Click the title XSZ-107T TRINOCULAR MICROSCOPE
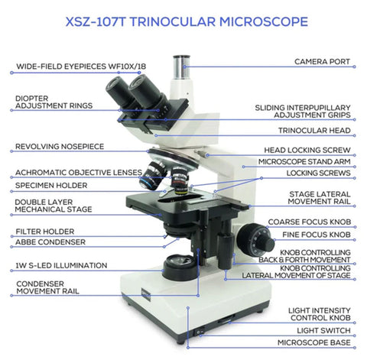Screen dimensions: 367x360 tap(187, 21)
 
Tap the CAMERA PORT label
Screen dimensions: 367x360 tap(322, 62)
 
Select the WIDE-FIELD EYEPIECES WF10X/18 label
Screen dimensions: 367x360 tap(81, 66)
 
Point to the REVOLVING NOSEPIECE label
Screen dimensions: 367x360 tap(60, 147)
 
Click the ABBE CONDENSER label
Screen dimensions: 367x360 tap(50, 242)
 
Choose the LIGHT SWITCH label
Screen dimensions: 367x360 tap(323, 330)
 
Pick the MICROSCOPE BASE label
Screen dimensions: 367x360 tap(314, 342)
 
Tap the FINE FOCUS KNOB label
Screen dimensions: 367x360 tap(317, 235)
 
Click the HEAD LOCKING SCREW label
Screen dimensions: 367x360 tap(307, 150)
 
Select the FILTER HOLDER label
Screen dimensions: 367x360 tap(45, 232)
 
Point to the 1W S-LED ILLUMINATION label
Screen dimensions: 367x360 tap(61, 265)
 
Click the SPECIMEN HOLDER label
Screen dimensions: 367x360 tap(51, 186)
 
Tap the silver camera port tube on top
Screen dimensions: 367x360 tap(181, 66)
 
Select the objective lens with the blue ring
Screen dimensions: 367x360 tap(152, 176)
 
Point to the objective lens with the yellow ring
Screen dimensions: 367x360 tap(180, 181)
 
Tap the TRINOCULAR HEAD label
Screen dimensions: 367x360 tap(314, 131)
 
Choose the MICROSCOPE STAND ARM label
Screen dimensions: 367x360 tap(304, 162)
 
